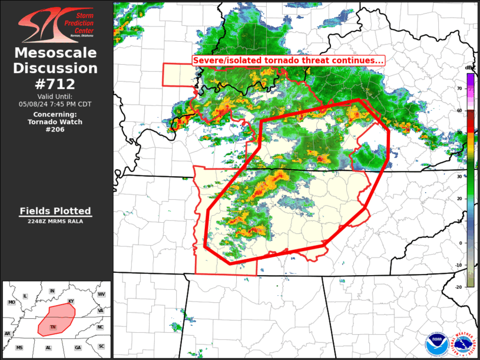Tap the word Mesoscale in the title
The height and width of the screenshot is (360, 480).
[55, 53]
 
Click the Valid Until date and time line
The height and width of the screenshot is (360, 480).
[55, 104]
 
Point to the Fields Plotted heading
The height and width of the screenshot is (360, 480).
[55, 211]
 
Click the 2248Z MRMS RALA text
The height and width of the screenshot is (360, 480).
[55, 222]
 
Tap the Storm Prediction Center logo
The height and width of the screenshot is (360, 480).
[56, 26]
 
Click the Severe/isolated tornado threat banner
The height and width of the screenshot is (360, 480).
[289, 61]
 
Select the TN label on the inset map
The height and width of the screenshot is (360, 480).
[53, 327]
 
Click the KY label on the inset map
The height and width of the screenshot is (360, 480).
[71, 302]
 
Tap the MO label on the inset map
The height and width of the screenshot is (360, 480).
[11, 302]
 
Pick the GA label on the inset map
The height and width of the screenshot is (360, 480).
[78, 348]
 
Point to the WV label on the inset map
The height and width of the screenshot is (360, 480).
[101, 293]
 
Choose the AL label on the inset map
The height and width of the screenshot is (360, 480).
[49, 348]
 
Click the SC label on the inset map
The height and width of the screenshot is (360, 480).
[101, 346]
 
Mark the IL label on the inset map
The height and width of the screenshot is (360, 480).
[25, 295]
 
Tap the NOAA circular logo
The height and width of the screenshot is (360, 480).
[436, 344]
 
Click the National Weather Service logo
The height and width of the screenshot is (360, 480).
[462, 344]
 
